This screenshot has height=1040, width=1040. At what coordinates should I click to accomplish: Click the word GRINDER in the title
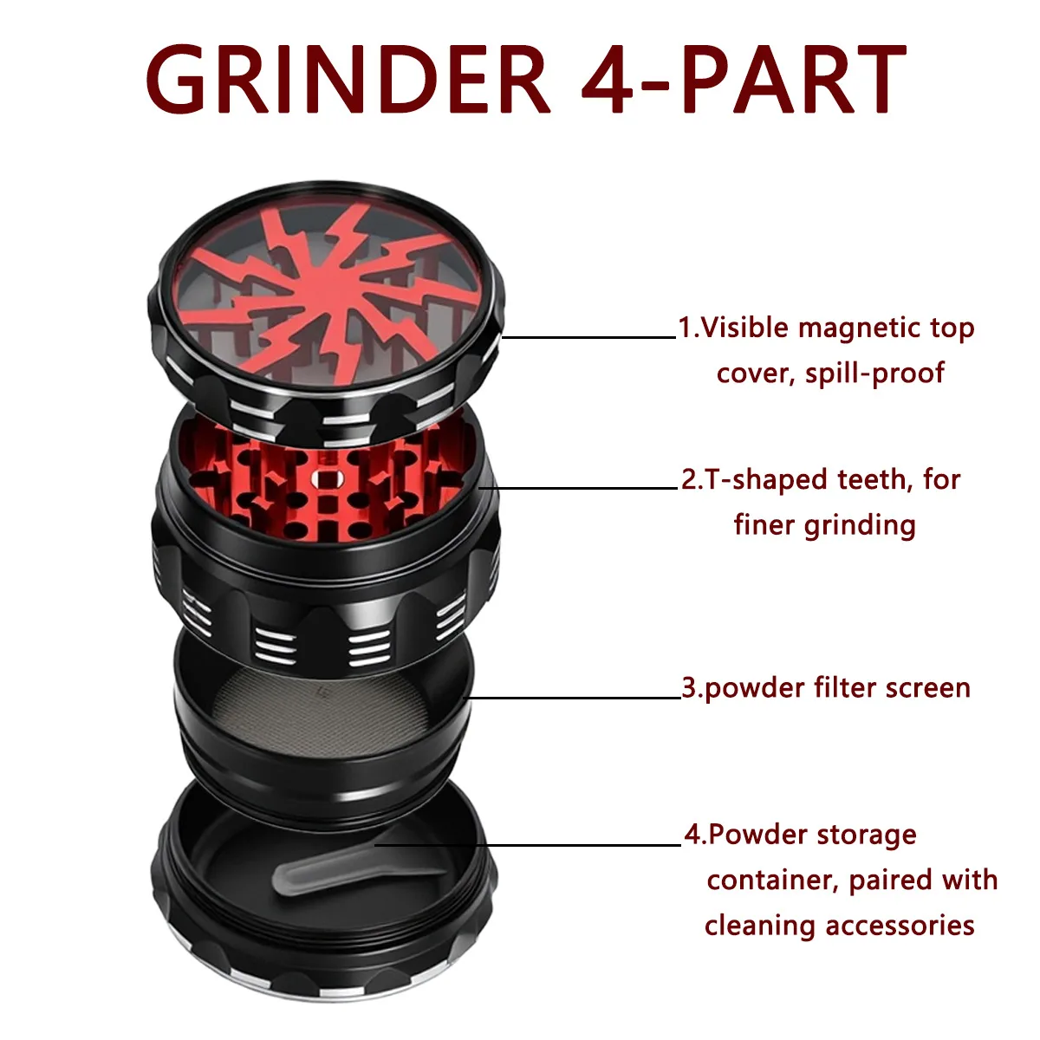coord(348,79)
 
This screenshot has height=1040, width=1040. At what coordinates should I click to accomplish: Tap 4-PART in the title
coord(744,79)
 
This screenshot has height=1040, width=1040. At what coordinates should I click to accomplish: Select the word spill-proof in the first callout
coord(874,374)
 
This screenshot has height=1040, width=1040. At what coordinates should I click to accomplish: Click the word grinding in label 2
coord(860,526)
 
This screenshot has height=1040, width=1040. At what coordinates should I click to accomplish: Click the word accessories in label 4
coord(900,926)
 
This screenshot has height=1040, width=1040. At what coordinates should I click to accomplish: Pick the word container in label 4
coord(773,881)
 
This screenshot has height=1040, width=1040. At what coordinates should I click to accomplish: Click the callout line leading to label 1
coord(588,337)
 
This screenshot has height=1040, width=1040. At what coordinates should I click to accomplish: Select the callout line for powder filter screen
coord(573,698)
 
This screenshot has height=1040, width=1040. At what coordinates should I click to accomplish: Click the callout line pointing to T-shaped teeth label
coord(577,488)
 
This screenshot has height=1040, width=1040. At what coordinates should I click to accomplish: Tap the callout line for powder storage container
coord(529,845)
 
